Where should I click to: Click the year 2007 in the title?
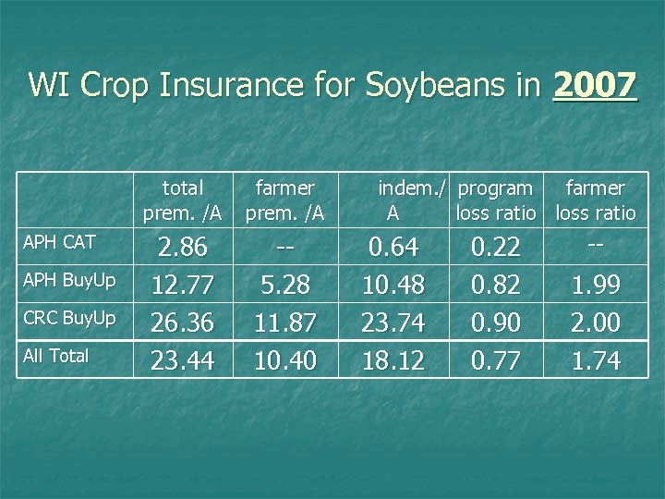click(594, 86)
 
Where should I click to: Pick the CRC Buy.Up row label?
click(70, 319)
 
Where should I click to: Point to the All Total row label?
click(56, 356)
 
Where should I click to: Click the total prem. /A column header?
click(183, 201)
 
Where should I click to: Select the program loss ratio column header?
click(496, 201)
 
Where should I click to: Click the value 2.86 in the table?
click(183, 248)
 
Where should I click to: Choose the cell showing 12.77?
click(183, 286)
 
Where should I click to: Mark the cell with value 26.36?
click(183, 323)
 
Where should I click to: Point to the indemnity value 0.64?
click(394, 248)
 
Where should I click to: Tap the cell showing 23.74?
click(394, 323)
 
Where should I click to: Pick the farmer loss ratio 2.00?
click(596, 323)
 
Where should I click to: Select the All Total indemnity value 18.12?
click(394, 359)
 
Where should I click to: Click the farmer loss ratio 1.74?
click(596, 359)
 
